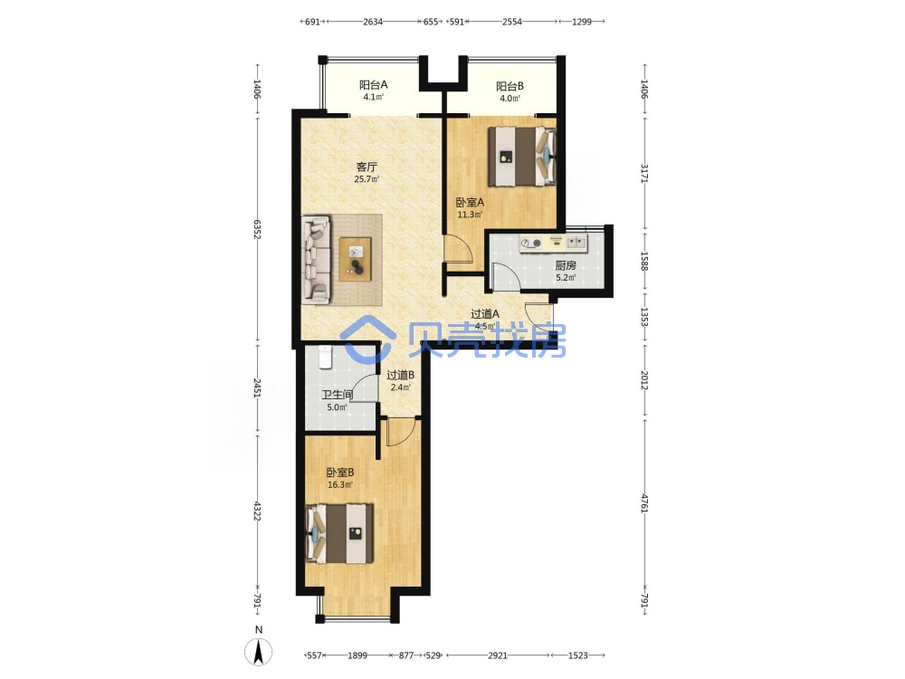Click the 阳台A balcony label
coord(374,85)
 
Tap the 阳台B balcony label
coord(510,87)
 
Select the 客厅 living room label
coord(367,167)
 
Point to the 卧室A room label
coord(470,203)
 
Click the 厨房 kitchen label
coord(566,265)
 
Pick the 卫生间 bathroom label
coord(337,395)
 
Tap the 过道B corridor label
coord(401,376)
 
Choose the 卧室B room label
coord(340,473)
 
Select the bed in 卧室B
coord(339,533)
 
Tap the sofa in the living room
coord(316,260)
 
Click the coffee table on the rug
coord(355,259)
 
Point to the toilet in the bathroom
coord(326,357)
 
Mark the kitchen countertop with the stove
coord(553,244)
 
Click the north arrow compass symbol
coord(259,653)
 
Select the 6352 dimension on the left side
coord(257,230)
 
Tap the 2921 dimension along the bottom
coord(498,655)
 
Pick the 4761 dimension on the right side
coord(644,502)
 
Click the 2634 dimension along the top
coord(373,22)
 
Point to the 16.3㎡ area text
coord(340,485)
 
